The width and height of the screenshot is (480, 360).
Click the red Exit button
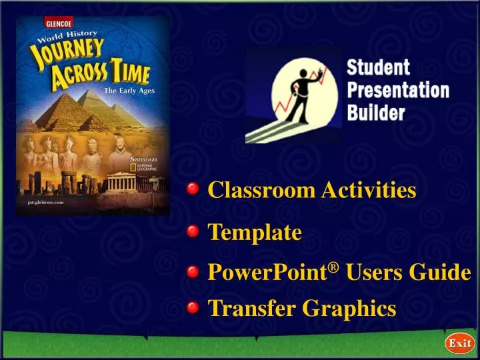point(459,344)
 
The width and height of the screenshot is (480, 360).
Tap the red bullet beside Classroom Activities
point(193,190)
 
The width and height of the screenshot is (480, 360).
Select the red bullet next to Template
point(193,232)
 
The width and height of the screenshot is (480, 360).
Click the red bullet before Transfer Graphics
point(193,307)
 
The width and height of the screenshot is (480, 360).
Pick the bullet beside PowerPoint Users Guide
point(193,271)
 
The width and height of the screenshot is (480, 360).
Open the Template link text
point(255,233)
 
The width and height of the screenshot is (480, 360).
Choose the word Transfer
point(252,308)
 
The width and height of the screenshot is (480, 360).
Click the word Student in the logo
point(378,68)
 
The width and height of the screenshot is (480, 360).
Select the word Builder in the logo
point(376,113)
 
